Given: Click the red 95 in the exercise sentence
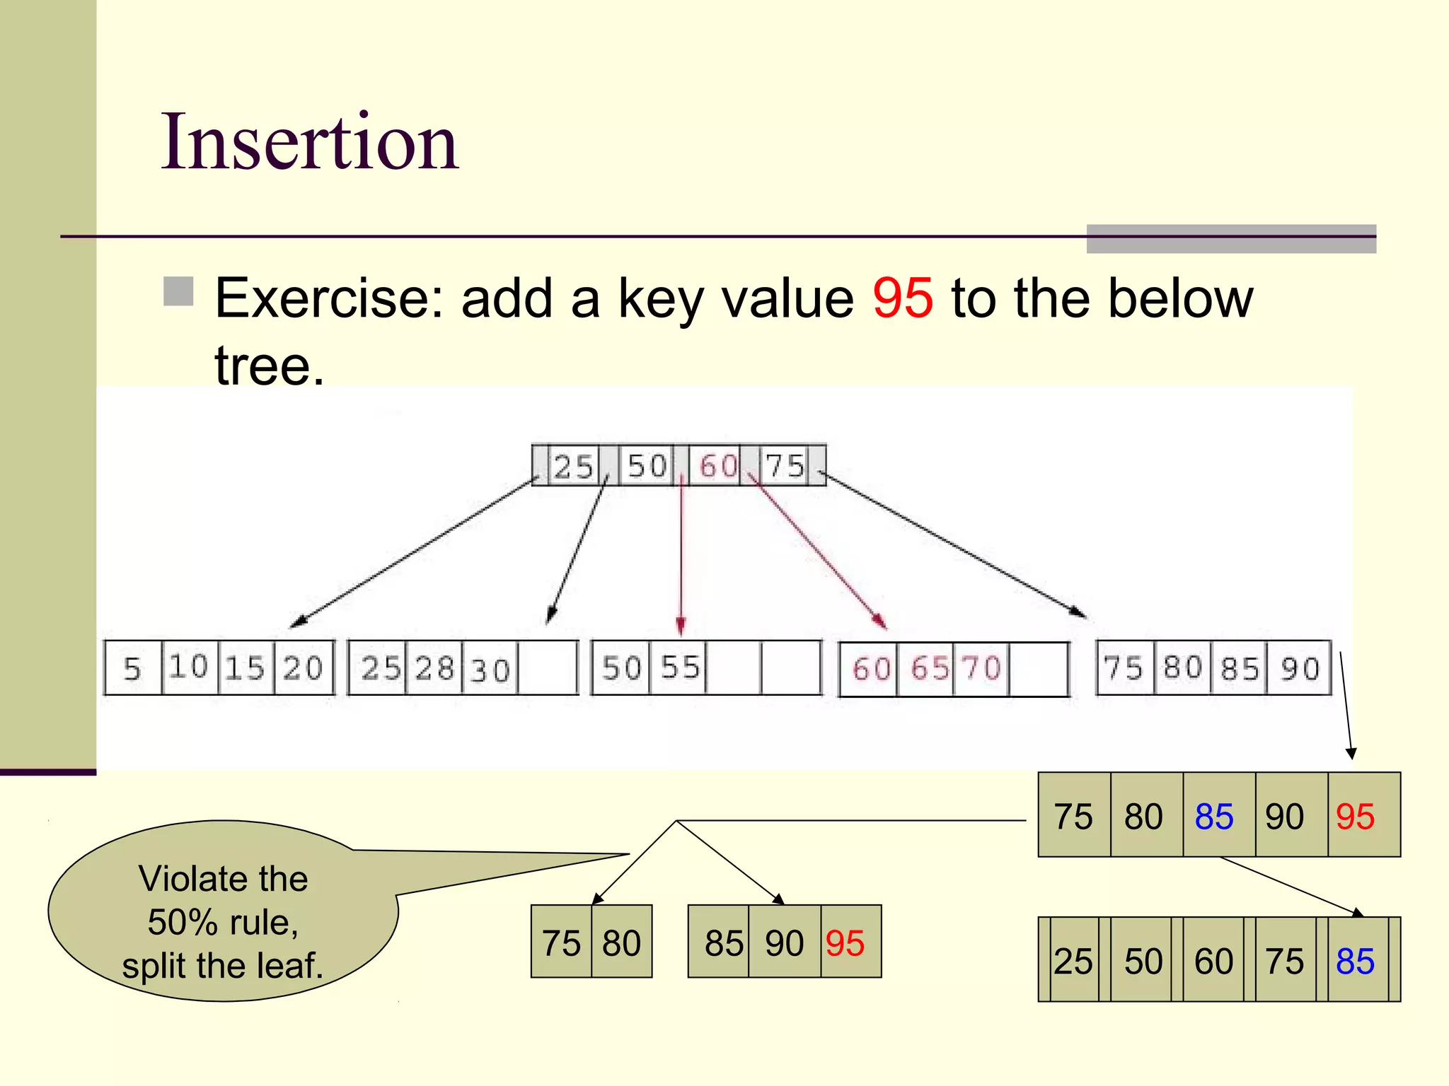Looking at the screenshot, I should [902, 298].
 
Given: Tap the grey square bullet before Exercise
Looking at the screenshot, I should [178, 291].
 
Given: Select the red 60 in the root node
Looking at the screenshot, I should [717, 466].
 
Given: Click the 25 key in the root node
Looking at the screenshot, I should [572, 467].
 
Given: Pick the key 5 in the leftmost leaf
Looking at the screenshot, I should [132, 669].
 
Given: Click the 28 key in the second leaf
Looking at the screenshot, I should [434, 669].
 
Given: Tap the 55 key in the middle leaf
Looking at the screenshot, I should [679, 667].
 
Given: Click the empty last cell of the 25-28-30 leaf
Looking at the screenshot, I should [548, 669].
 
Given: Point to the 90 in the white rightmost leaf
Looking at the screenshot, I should [1300, 669].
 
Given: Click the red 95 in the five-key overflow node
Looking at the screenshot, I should [1355, 817].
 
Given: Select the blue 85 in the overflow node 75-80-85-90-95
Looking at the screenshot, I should [1214, 817].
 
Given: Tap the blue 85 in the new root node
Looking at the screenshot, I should [1355, 962].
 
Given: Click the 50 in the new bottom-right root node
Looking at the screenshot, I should [1143, 962].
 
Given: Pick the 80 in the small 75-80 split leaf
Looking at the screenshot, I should [621, 943].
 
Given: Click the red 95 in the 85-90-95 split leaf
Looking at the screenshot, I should [845, 943].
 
